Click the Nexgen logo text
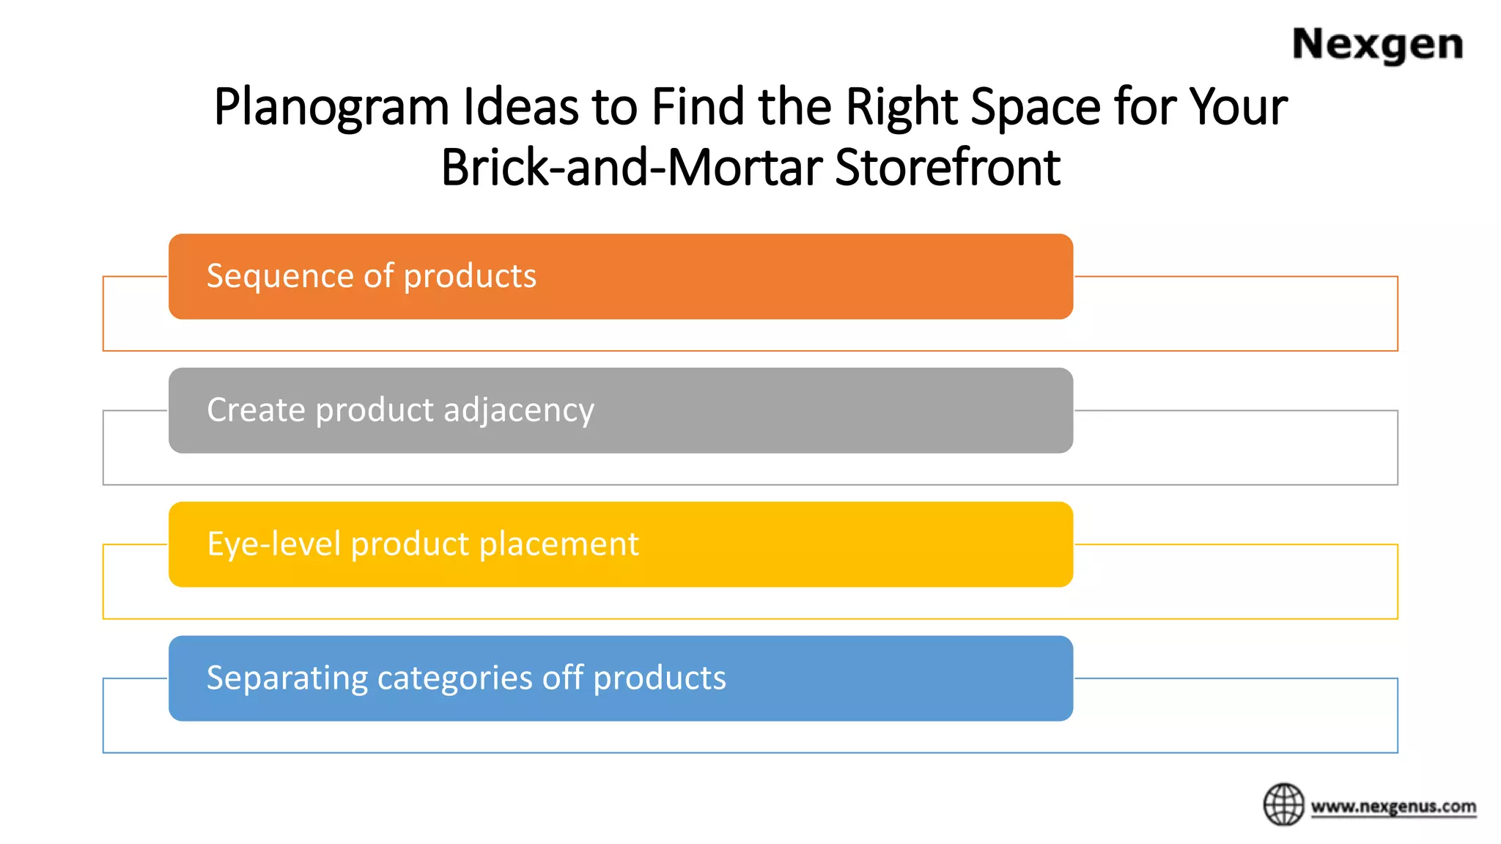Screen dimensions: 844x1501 point(1377,45)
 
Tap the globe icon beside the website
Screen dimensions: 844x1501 point(1283,804)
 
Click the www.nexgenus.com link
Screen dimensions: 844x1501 point(1393,807)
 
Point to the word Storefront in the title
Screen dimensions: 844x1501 point(947,168)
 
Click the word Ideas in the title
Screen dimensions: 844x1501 point(520,107)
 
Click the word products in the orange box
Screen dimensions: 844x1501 point(470,277)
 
